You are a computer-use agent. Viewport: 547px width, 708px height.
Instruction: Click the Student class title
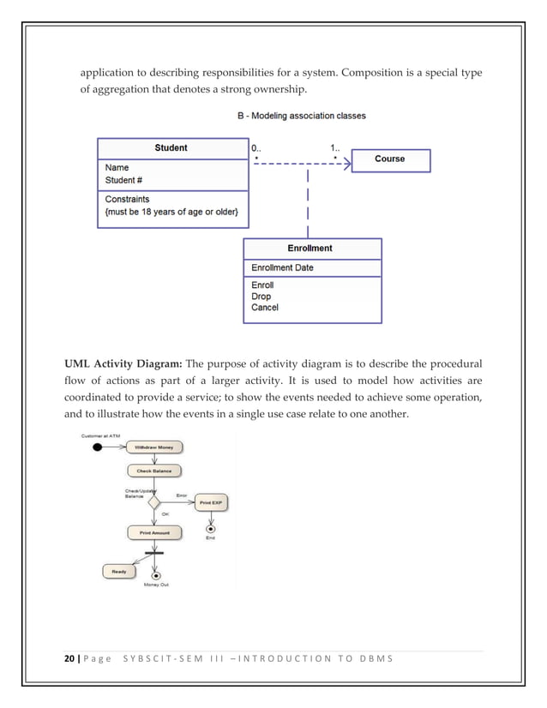(x=171, y=148)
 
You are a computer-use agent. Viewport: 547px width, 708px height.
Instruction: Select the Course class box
(x=389, y=159)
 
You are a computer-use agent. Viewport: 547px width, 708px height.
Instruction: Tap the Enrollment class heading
(x=310, y=249)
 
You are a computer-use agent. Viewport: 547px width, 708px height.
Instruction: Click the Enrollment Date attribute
(x=282, y=267)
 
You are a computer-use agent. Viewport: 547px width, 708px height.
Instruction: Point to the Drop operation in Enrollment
(x=261, y=297)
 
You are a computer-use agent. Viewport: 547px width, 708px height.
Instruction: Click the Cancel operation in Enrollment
(x=264, y=308)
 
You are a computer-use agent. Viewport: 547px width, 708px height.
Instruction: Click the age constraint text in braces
(x=171, y=211)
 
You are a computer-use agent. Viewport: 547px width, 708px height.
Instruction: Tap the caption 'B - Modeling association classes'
(x=301, y=117)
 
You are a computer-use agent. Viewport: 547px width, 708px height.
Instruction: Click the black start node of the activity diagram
(x=99, y=447)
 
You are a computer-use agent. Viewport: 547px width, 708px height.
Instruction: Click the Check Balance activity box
(x=154, y=471)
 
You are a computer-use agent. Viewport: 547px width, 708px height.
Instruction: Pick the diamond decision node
(x=154, y=502)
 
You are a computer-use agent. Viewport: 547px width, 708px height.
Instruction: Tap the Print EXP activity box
(x=212, y=502)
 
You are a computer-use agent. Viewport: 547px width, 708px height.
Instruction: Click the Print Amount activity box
(x=154, y=532)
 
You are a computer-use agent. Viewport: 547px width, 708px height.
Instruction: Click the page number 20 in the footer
(x=69, y=658)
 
